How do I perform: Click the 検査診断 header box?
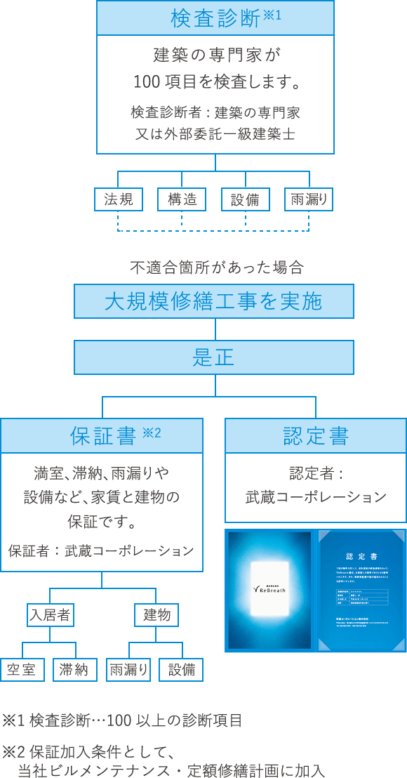(215, 18)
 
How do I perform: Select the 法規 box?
(119, 199)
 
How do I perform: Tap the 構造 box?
(182, 199)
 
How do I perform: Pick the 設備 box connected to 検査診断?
(245, 199)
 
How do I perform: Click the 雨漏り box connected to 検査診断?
(309, 199)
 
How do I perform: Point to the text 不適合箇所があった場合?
(216, 268)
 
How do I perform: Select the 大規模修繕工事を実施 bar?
(214, 301)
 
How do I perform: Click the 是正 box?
(214, 357)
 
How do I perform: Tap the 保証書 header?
(102, 435)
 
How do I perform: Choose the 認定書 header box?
(315, 435)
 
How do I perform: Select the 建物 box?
(156, 615)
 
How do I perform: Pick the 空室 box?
(22, 670)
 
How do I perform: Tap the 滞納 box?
(74, 670)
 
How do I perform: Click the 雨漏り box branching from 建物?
(128, 670)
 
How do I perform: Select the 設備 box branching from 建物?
(181, 670)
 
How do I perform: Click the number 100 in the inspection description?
(145, 83)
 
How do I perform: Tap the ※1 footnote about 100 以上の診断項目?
(122, 720)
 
